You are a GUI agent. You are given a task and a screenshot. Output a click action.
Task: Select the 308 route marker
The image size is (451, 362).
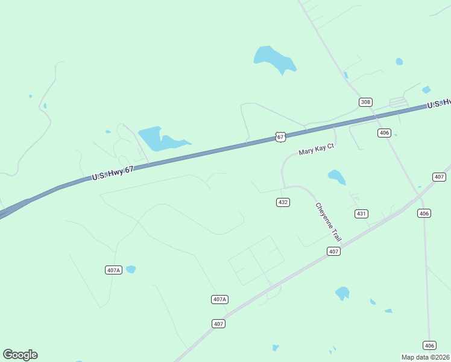[x=365, y=102]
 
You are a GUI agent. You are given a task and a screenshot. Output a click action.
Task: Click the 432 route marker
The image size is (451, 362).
[x=283, y=202]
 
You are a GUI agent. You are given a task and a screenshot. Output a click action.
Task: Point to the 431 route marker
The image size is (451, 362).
[x=361, y=214]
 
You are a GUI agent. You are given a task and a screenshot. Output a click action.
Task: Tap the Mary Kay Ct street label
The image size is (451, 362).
[x=316, y=149]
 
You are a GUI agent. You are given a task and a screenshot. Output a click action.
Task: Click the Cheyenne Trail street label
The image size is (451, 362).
[x=328, y=222]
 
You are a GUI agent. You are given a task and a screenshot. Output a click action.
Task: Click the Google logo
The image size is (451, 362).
[x=20, y=355]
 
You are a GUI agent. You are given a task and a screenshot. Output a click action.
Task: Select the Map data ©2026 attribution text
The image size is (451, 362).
[x=426, y=357]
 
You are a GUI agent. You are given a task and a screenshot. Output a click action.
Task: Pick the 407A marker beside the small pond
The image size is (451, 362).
[x=113, y=270]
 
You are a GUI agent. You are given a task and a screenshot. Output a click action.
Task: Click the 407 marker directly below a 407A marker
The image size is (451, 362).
[x=219, y=324]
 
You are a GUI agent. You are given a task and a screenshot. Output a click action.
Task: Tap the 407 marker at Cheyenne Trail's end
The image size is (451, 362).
[x=335, y=251]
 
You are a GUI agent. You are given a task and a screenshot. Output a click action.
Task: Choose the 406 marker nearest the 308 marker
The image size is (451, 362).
[x=384, y=133]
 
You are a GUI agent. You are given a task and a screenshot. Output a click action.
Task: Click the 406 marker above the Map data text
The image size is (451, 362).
[x=429, y=345]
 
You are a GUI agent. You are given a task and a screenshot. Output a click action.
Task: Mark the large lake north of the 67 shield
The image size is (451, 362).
[x=274, y=59]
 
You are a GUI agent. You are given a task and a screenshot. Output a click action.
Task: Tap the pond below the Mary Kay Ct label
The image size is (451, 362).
[x=336, y=177]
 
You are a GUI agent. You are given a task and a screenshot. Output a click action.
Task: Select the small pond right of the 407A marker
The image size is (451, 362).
[x=131, y=269]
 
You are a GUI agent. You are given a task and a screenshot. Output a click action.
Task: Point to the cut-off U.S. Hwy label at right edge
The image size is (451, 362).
[x=439, y=104]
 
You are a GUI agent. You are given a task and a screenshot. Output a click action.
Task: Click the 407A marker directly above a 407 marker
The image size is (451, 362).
[x=219, y=299]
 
